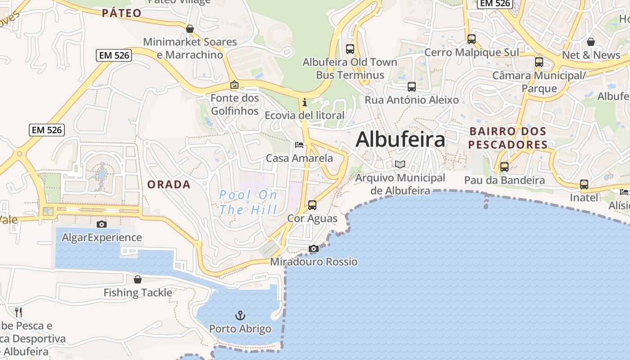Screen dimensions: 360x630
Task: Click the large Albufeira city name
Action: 400,139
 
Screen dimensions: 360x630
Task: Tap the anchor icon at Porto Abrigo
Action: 240,315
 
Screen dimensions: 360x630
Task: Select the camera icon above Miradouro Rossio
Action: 314,248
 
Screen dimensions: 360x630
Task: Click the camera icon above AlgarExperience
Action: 102,224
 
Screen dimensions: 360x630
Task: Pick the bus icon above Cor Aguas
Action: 312,205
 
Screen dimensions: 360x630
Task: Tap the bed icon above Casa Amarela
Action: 299,145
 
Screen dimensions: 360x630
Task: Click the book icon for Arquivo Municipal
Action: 400,165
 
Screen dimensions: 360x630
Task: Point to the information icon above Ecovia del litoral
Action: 305,102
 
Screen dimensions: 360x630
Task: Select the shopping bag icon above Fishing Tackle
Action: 138,279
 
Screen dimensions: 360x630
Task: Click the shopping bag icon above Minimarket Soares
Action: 190,29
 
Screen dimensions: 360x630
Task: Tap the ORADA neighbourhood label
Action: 169,184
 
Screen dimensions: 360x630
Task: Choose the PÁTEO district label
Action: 121,13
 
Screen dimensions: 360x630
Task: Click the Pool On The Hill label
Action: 248,202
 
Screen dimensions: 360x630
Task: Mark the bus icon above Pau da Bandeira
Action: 504,167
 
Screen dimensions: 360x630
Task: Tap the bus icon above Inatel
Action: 584,184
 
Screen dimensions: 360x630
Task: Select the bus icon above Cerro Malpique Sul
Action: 471,39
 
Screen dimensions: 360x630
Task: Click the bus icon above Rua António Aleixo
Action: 411,87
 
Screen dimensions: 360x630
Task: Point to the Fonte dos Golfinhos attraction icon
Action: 234,85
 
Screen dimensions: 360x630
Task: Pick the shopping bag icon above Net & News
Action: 591,42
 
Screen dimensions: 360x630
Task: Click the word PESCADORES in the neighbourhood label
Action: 508,145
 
